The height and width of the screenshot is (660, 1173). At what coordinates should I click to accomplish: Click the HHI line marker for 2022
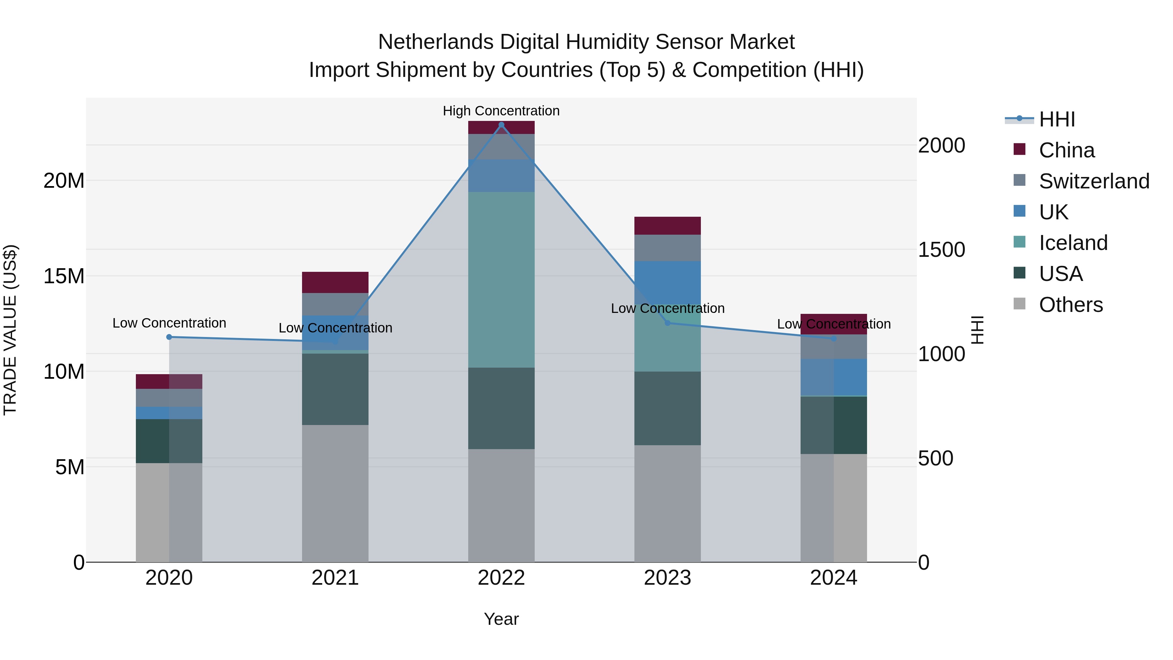click(501, 125)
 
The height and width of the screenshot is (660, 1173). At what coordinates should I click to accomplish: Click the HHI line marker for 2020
click(169, 337)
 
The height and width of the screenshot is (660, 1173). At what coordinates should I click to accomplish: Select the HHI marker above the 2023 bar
click(668, 323)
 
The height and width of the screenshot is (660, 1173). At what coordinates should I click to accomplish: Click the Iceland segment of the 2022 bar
click(501, 280)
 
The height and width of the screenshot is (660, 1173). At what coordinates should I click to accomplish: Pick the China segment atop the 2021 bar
click(335, 282)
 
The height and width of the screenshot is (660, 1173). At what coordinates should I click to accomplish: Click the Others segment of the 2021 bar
click(335, 493)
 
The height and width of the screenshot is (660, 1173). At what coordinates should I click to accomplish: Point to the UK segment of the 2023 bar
click(668, 282)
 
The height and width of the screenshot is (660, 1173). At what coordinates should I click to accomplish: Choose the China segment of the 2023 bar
click(668, 226)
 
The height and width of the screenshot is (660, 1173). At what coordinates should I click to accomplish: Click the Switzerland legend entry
click(1094, 181)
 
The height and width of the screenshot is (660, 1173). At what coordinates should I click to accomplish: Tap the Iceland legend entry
click(1073, 243)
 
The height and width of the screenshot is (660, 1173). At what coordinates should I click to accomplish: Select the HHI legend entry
click(1056, 119)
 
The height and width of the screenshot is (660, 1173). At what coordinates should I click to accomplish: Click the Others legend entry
click(1071, 305)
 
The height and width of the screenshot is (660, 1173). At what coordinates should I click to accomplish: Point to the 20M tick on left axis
click(64, 181)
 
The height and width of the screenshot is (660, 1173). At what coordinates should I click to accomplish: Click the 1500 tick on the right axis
click(941, 250)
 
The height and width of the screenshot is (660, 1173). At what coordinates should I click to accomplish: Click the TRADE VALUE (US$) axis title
click(10, 330)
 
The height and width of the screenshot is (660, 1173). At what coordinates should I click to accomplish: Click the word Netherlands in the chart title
click(435, 42)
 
